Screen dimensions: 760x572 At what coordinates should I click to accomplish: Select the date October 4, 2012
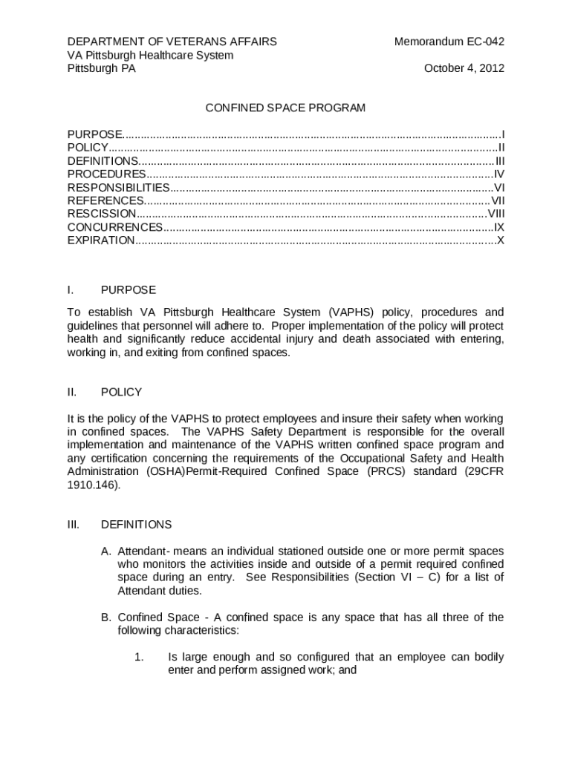(x=464, y=68)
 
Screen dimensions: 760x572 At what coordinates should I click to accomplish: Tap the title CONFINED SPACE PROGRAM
(x=285, y=108)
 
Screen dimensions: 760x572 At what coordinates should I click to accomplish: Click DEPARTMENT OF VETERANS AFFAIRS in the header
(x=172, y=42)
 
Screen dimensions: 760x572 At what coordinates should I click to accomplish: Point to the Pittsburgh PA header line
(x=102, y=68)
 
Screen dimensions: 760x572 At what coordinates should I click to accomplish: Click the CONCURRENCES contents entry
(x=115, y=227)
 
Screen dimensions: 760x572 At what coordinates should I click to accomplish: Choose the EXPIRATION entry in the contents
(x=102, y=240)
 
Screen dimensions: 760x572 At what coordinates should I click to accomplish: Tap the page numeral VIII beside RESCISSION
(x=495, y=214)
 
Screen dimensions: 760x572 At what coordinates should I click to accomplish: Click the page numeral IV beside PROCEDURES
(x=499, y=174)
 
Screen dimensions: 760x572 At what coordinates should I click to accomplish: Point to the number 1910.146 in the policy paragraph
(x=93, y=485)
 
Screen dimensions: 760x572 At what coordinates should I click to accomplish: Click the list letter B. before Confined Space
(x=106, y=617)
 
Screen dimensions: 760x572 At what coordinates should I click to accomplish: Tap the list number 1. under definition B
(x=137, y=658)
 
